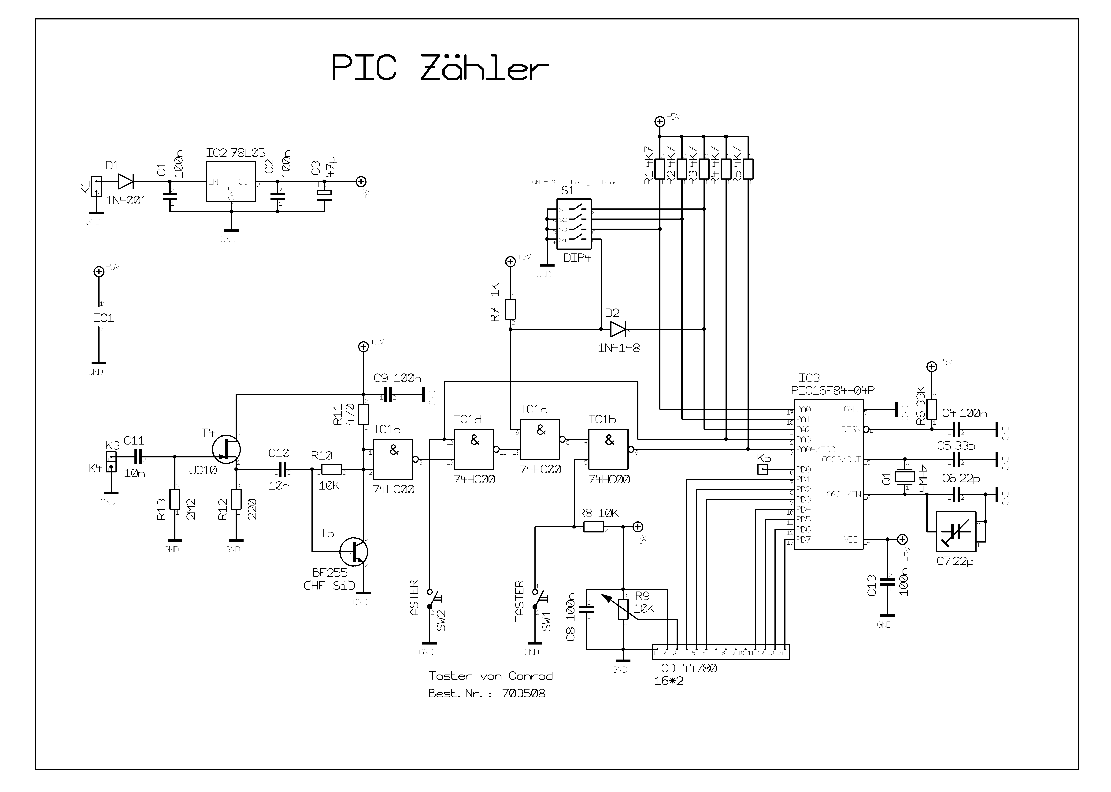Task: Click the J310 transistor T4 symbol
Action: (227, 449)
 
